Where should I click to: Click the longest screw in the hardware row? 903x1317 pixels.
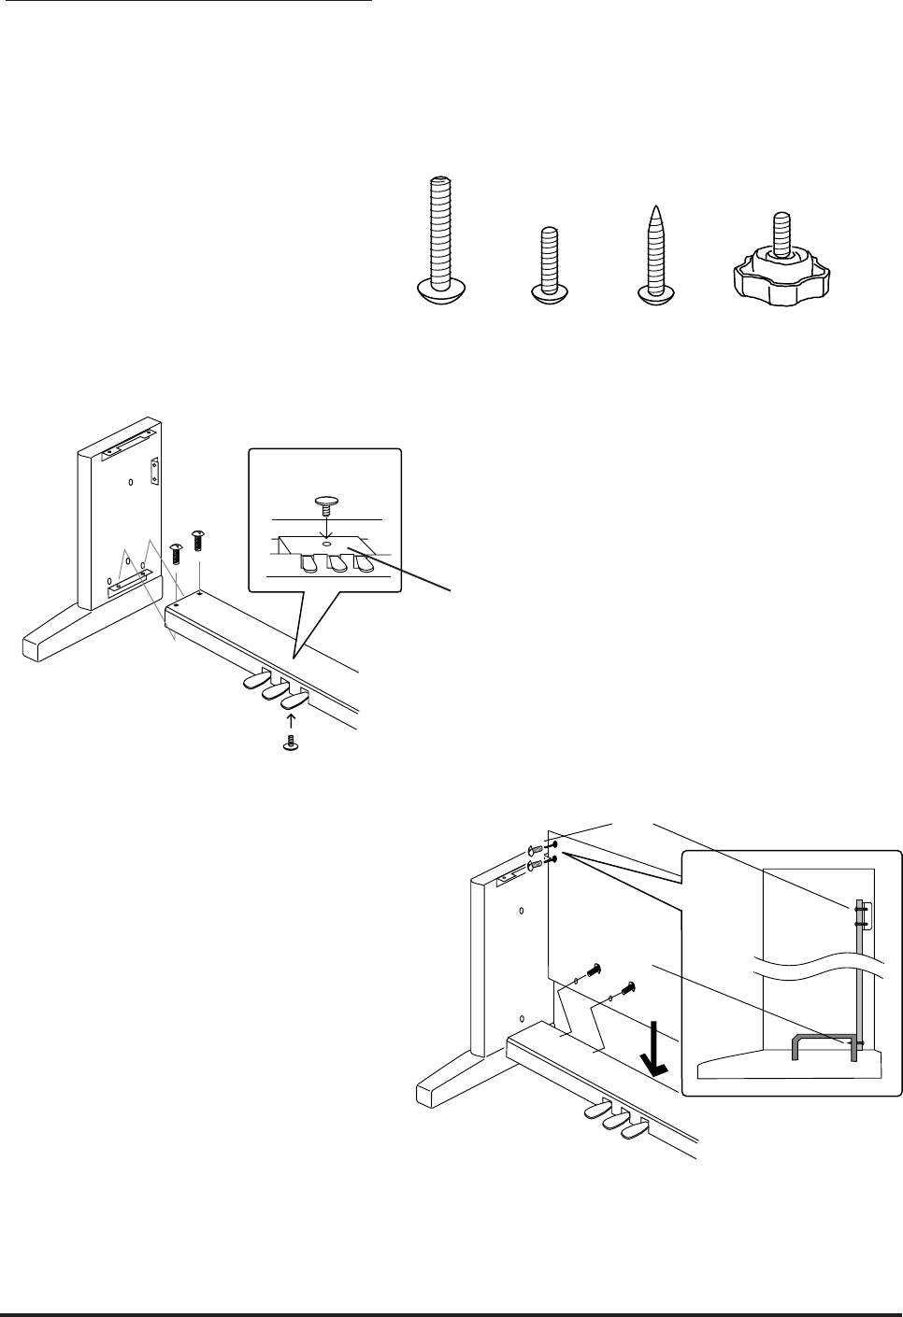tap(439, 237)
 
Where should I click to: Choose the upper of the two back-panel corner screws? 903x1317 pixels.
tap(534, 849)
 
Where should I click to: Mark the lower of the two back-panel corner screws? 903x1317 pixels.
tap(535, 865)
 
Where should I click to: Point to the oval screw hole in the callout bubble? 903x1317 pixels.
tap(324, 542)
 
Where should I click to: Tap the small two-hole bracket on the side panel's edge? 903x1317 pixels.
tap(156, 467)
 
